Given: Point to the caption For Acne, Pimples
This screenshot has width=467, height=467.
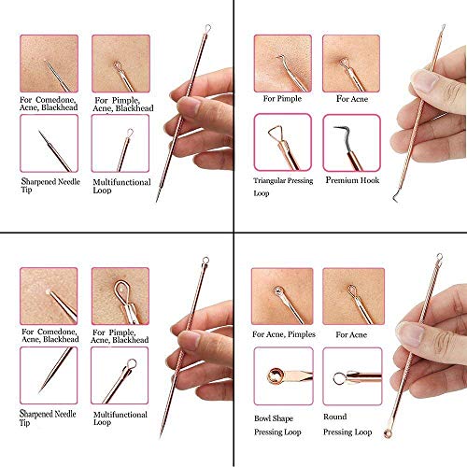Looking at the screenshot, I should point(283,333).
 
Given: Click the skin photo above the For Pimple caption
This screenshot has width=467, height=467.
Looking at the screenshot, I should point(281,61).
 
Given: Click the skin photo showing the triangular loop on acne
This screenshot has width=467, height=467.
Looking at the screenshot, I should point(350,61).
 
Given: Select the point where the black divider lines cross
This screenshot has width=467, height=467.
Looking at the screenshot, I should point(233,233).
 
